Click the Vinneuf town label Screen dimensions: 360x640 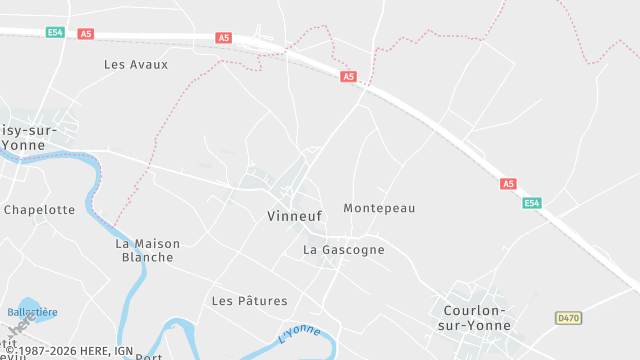(x=295, y=216)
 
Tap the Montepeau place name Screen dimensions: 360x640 (x=378, y=208)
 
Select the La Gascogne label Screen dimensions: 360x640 (x=343, y=250)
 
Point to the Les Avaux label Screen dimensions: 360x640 (x=136, y=64)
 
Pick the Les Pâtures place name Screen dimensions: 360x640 (x=249, y=301)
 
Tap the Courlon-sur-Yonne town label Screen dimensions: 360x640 (x=475, y=318)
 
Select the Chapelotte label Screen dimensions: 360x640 (x=39, y=210)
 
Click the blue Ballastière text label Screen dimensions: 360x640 (x=32, y=312)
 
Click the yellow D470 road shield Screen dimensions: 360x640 (x=568, y=318)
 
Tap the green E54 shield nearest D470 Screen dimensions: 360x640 (x=532, y=203)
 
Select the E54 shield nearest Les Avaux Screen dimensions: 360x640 (x=55, y=33)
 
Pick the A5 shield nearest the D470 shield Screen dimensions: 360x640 (x=508, y=184)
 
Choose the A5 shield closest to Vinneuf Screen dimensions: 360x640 (x=348, y=76)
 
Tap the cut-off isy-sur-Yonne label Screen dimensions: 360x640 (x=26, y=137)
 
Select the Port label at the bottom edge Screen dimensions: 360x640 (x=148, y=356)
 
